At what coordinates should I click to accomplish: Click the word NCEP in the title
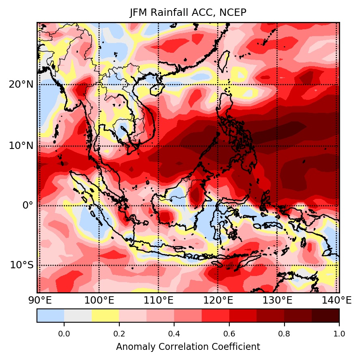(233, 13)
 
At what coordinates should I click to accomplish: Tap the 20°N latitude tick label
(21, 85)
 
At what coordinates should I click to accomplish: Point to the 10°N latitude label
(21, 146)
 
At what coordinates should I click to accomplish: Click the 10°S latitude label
(22, 265)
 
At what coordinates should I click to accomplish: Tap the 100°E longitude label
(99, 301)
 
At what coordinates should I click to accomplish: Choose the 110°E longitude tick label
(158, 301)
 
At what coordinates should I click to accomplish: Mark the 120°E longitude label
(218, 301)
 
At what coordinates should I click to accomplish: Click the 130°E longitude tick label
(277, 301)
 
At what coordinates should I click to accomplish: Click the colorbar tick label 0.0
(64, 334)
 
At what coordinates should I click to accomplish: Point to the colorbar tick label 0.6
(229, 334)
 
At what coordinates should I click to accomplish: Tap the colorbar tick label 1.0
(339, 334)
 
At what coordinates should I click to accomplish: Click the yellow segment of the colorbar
(105, 315)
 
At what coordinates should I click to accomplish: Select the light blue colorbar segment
(50, 315)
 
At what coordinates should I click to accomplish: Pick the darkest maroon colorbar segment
(325, 315)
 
